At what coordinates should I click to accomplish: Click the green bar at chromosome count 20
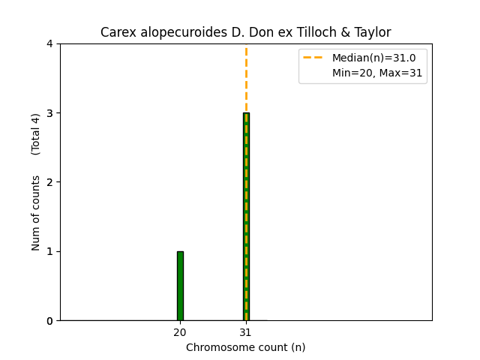pyautogui.click(x=180, y=286)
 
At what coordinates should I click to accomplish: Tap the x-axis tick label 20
pyautogui.click(x=180, y=332)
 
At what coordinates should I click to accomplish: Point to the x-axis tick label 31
pyautogui.click(x=245, y=332)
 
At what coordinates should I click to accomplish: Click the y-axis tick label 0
pyautogui.click(x=49, y=321)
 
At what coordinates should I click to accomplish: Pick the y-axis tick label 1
pyautogui.click(x=49, y=251)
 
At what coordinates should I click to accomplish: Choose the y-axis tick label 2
pyautogui.click(x=49, y=182)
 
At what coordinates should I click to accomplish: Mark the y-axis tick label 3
pyautogui.click(x=49, y=113)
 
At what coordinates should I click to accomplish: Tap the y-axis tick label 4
pyautogui.click(x=49, y=43)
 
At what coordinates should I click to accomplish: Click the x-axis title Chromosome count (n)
pyautogui.click(x=245, y=347)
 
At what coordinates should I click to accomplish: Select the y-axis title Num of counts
pyautogui.click(x=36, y=214)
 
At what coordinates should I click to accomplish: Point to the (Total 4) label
pyautogui.click(x=36, y=133)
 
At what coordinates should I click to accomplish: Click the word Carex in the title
pyautogui.click(x=116, y=33)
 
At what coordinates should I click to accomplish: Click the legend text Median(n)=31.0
pyautogui.click(x=368, y=57)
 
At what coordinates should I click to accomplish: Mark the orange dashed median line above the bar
pyautogui.click(x=246, y=79)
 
